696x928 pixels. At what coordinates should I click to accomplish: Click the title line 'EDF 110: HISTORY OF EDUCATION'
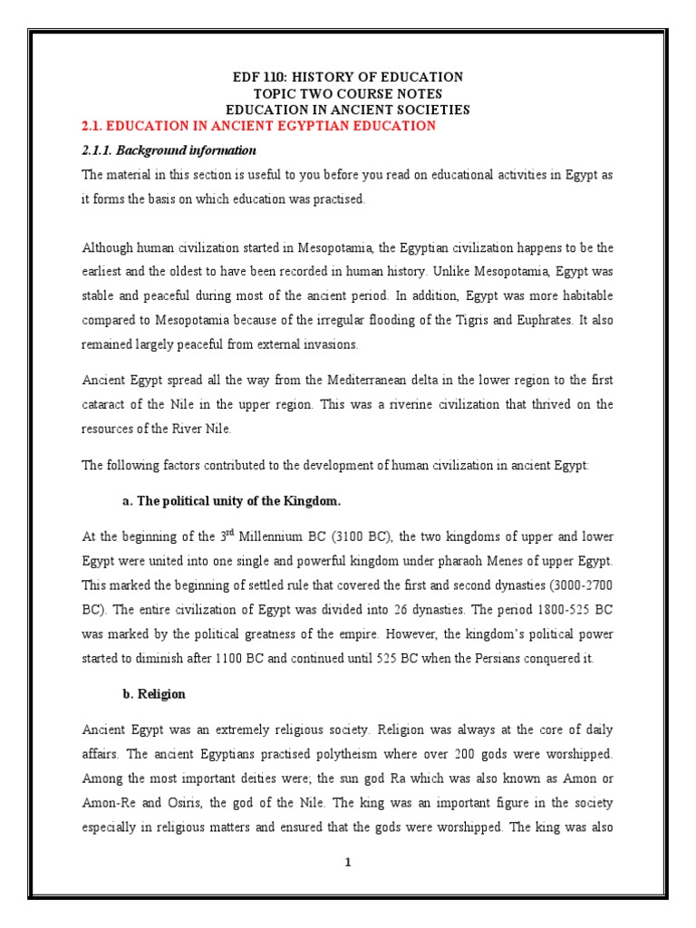pos(348,77)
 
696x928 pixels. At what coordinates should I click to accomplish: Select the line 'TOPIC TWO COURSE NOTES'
pos(348,93)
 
